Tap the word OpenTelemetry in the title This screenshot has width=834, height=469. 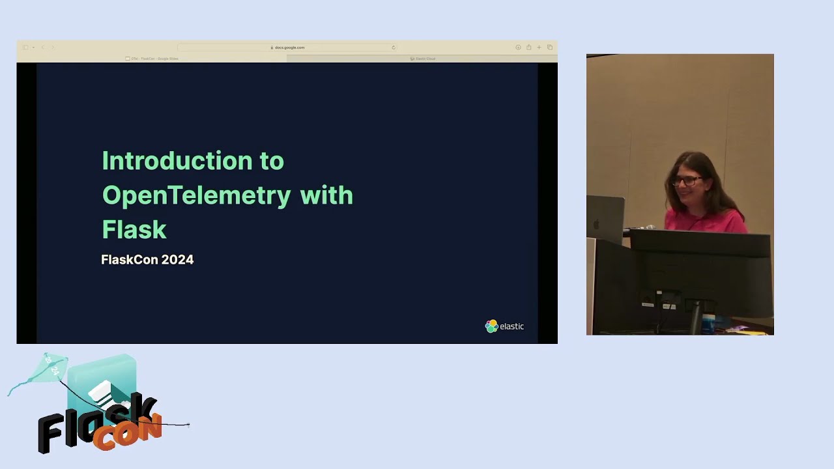(x=196, y=195)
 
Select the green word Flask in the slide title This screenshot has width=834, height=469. (x=134, y=229)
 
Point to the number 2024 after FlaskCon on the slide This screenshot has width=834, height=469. (x=177, y=259)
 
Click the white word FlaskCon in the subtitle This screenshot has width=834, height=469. (x=130, y=259)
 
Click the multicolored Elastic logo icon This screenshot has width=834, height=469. (x=491, y=326)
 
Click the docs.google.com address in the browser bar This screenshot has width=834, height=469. (x=289, y=48)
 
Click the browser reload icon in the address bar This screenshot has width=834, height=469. (x=393, y=48)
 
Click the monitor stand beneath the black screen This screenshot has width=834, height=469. (x=697, y=316)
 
